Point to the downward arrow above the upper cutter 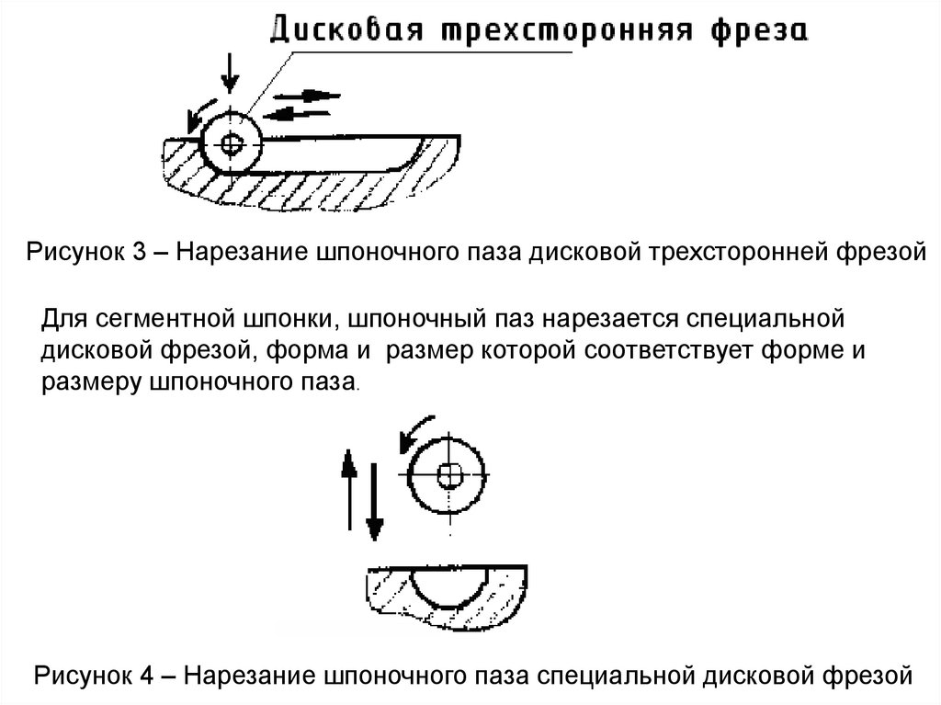tap(230, 72)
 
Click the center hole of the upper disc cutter tap(230, 142)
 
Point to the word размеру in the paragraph tap(90, 381)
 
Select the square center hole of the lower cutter tap(449, 474)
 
